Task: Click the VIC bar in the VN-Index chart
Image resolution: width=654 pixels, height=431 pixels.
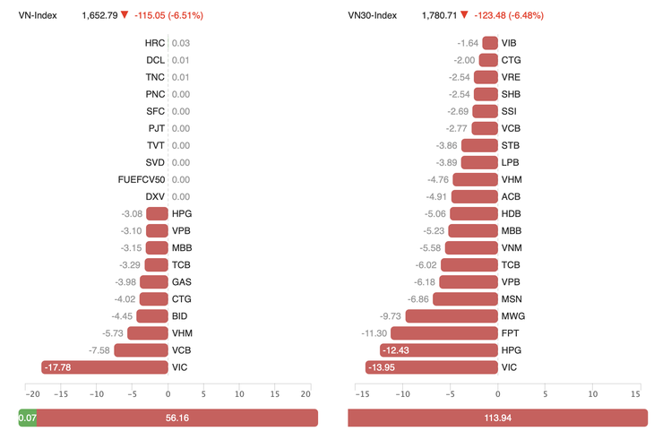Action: point(105,367)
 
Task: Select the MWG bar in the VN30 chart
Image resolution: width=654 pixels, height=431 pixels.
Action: point(452,316)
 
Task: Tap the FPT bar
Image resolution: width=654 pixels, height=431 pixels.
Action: point(443,333)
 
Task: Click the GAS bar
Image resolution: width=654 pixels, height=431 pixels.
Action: point(154,282)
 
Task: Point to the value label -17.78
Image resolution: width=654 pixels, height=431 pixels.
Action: point(58,367)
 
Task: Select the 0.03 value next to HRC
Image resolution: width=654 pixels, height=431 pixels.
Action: point(181,43)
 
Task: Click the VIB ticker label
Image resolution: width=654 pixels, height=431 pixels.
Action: point(510,43)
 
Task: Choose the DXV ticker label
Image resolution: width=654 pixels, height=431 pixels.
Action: point(155,196)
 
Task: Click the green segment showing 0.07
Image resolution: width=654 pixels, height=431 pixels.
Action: point(27,418)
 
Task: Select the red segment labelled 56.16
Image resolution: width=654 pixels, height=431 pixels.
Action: point(176,418)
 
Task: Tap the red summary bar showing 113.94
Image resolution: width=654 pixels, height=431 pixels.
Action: point(497,418)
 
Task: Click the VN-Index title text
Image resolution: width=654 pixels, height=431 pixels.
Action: point(38,15)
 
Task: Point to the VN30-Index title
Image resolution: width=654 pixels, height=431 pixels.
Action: point(373,15)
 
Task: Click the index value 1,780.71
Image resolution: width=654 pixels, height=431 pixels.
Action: point(439,15)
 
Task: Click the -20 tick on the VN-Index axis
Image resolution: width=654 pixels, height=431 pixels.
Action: point(32,394)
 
